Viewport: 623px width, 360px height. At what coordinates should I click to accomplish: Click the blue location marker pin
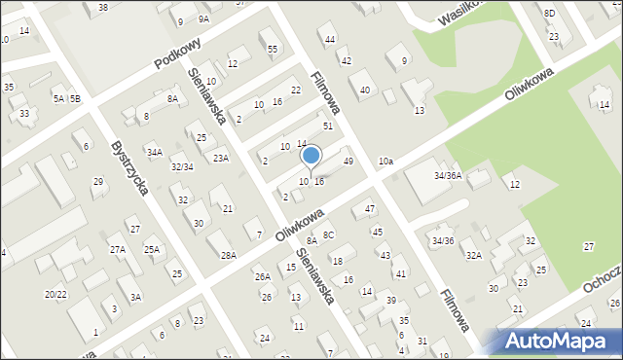311,156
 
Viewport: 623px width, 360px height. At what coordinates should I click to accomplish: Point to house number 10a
386,161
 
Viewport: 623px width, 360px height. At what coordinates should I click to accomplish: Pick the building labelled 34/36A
448,176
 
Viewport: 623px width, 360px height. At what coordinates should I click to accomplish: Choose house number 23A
222,158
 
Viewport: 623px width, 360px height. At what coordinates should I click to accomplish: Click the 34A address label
155,153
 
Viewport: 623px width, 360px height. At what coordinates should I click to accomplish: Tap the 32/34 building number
182,167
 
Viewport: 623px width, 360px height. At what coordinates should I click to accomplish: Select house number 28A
229,256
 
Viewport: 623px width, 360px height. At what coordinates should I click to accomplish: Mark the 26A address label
263,277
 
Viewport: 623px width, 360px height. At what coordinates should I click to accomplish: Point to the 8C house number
329,234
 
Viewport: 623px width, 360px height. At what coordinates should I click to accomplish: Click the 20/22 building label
55,294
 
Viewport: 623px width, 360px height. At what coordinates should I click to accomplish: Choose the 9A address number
203,19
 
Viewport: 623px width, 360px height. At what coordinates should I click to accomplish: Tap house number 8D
550,13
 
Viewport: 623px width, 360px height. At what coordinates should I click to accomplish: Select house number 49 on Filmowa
348,161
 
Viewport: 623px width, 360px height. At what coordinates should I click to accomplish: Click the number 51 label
329,126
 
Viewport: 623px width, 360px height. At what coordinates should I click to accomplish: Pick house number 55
273,49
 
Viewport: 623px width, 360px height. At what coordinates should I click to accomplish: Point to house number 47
370,209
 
